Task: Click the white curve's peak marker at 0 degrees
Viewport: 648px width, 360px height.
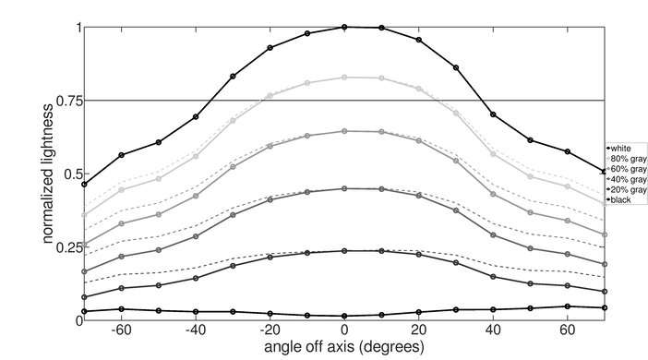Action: click(344, 27)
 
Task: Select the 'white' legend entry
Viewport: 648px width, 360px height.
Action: click(621, 148)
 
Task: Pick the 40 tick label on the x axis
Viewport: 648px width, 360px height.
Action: click(493, 330)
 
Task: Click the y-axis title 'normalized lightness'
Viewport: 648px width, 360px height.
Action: click(46, 173)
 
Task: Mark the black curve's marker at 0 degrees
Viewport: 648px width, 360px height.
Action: click(344, 316)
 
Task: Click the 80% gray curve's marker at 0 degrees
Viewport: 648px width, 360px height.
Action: click(344, 78)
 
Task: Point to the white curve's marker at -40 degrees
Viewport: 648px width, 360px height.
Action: click(196, 117)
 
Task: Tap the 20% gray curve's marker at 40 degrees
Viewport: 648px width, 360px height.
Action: click(493, 276)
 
